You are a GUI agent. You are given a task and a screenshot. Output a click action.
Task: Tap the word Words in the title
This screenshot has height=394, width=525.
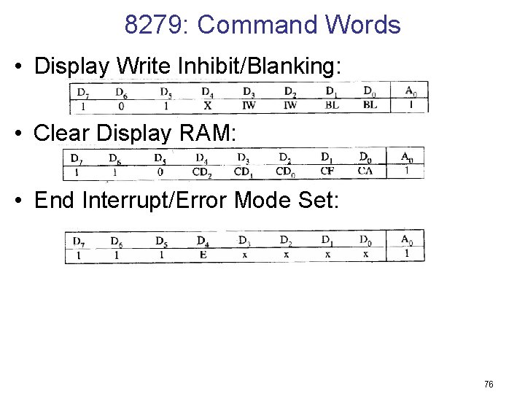tap(363, 26)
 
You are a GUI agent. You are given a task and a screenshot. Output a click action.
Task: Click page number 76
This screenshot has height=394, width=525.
tap(488, 384)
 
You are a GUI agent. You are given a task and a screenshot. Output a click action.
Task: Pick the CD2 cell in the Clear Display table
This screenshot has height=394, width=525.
tap(202, 172)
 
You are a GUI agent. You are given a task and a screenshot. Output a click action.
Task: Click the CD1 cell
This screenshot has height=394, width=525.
tap(244, 172)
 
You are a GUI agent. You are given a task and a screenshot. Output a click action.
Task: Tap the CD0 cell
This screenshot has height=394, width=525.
tap(285, 172)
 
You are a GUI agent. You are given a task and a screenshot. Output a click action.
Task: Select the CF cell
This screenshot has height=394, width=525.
tap(327, 172)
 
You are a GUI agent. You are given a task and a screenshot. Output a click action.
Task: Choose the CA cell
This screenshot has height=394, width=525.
tap(365, 172)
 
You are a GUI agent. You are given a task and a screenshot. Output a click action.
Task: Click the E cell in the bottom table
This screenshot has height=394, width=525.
tap(203, 255)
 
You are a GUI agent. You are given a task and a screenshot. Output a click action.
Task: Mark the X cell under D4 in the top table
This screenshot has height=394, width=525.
tap(208, 106)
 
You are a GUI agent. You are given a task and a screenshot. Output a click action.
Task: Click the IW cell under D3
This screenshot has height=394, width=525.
tap(249, 106)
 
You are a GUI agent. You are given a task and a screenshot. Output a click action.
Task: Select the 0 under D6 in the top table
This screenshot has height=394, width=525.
tap(121, 106)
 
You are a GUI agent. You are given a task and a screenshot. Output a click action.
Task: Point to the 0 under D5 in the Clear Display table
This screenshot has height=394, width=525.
tap(160, 172)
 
